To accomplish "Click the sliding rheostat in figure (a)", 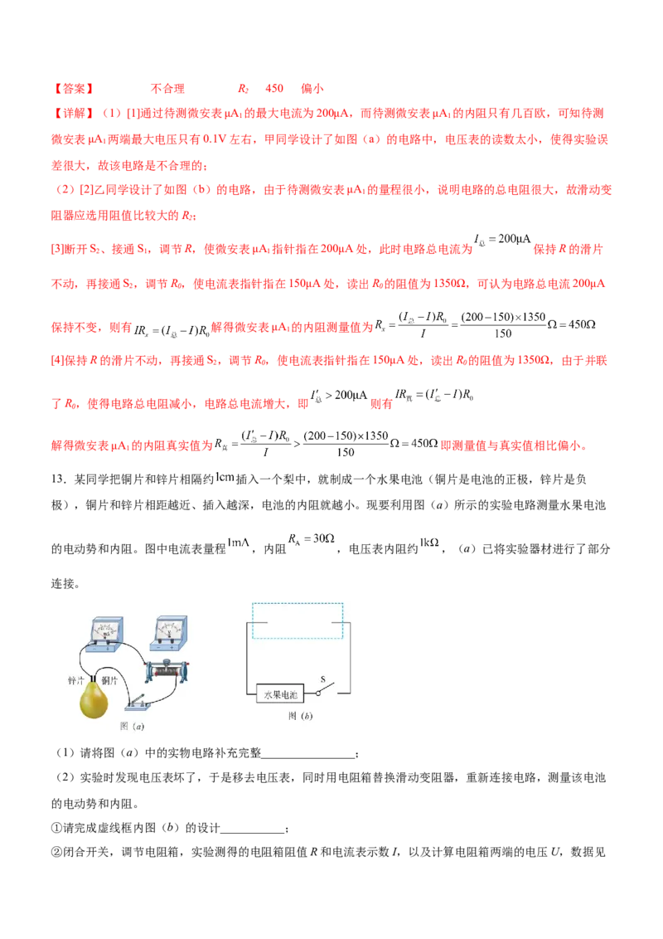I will (167, 671).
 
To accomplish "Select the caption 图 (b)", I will (300, 715).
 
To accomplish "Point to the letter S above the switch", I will (322, 680).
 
